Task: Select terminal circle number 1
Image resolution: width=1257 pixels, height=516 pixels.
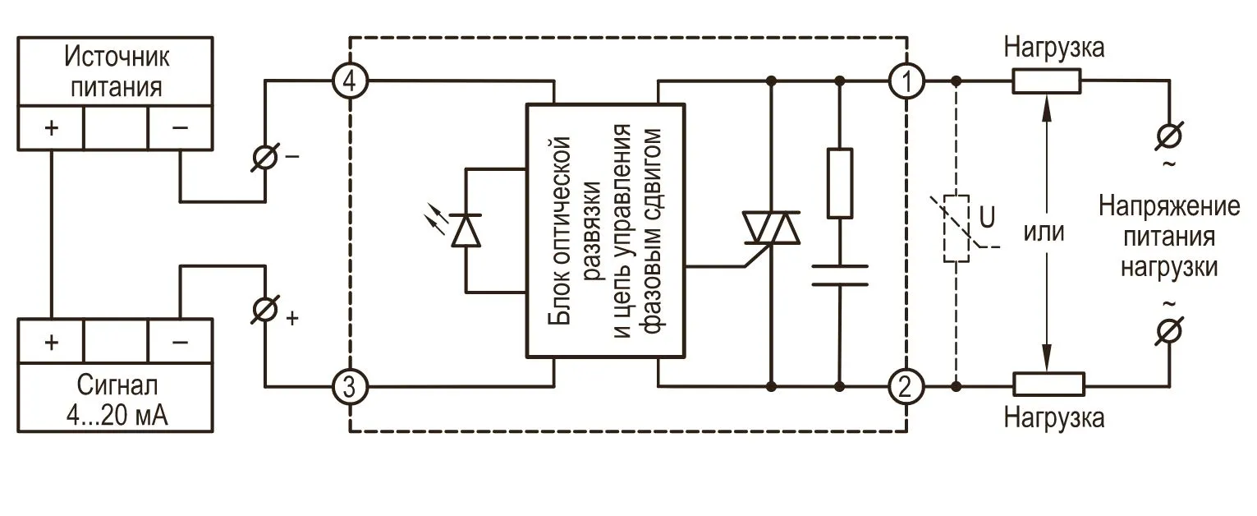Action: tap(906, 81)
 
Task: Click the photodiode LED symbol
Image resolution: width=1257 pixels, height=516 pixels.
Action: tap(466, 229)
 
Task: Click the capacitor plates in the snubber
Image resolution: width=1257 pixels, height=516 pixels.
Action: tap(839, 275)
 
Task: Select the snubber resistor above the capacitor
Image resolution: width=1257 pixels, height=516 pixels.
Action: tap(839, 183)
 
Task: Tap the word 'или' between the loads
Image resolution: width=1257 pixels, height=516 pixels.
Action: tap(1044, 233)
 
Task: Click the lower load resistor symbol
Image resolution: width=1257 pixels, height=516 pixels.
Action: tap(1048, 384)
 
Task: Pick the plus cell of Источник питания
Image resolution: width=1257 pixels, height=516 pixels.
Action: tap(51, 127)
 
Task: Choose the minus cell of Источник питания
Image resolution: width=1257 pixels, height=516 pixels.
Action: tap(180, 127)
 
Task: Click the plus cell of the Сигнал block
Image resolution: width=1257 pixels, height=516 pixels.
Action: tap(51, 341)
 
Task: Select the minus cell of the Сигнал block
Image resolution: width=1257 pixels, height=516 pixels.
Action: tap(180, 341)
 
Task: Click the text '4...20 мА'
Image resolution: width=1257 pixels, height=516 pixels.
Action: tap(115, 415)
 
